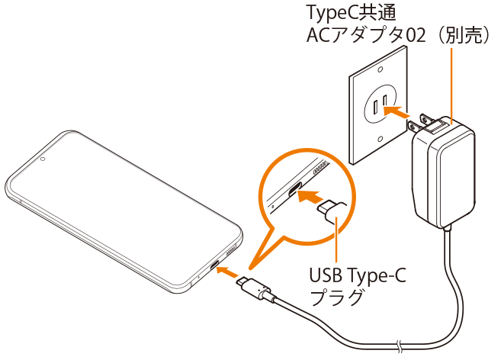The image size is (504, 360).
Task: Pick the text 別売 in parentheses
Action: [464, 36]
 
